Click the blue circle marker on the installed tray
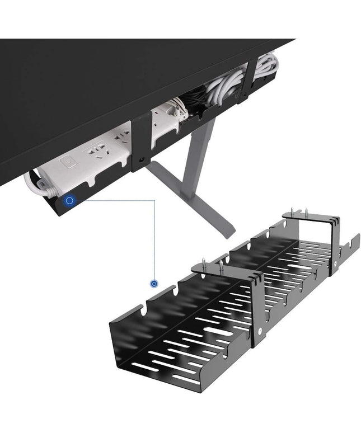click(x=69, y=200)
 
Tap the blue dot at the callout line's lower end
click(x=154, y=284)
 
